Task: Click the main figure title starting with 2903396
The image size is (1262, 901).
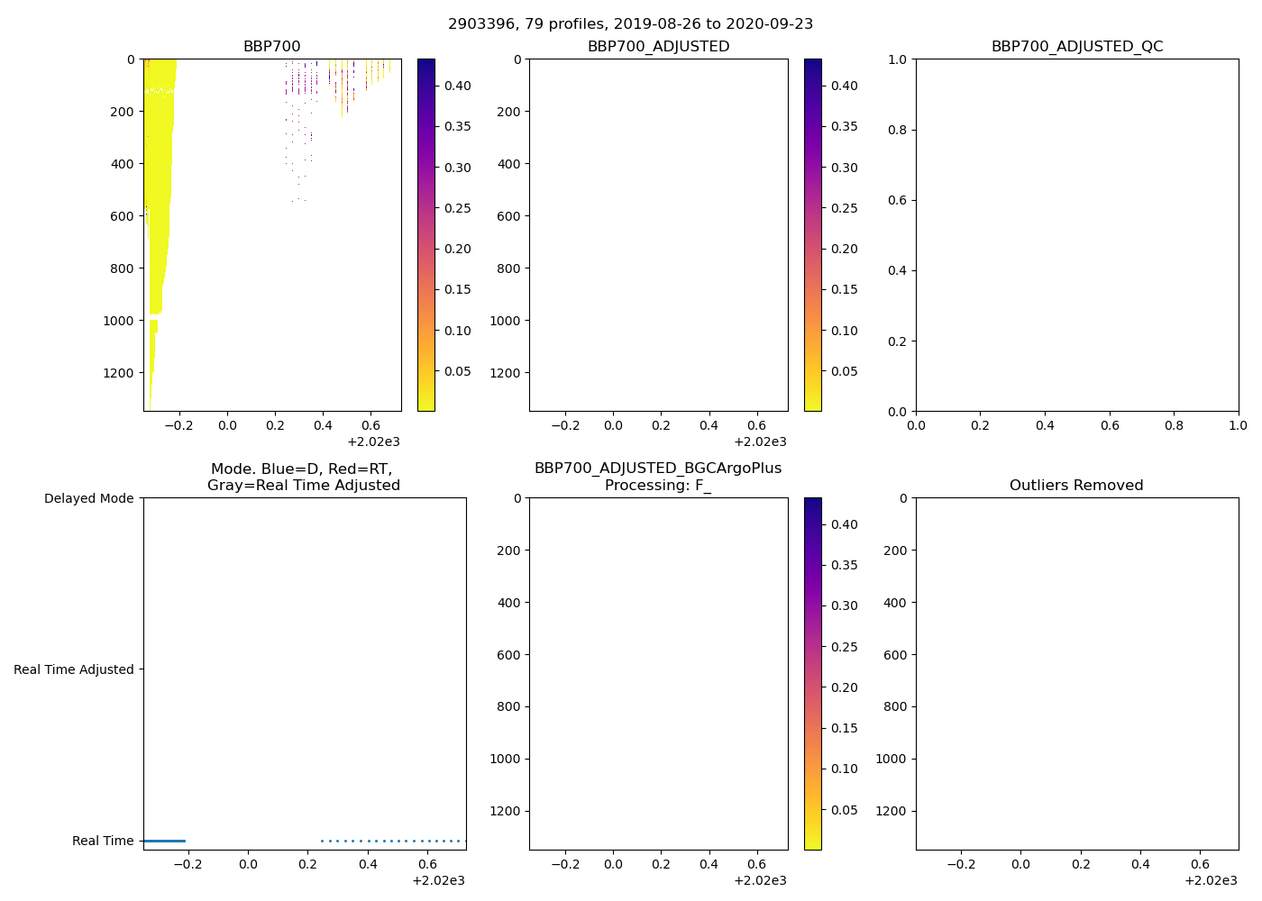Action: [630, 24]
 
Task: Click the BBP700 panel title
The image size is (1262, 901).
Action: [271, 47]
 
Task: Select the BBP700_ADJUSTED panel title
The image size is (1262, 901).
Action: [658, 47]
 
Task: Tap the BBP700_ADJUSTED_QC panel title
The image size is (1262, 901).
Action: [1077, 47]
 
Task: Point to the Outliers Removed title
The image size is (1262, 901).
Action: [1076, 486]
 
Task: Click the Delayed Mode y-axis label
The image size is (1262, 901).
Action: [88, 498]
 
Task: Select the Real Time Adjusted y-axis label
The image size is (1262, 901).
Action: [74, 669]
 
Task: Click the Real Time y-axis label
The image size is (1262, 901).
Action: [103, 841]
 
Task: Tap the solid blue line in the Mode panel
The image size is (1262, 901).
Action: [164, 841]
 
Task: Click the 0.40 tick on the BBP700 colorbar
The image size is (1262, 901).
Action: [457, 86]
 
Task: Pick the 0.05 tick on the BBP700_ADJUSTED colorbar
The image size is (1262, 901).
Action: [844, 371]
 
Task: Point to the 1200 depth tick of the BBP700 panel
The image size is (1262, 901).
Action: [119, 373]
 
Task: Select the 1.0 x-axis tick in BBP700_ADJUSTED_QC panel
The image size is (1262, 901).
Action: [1238, 425]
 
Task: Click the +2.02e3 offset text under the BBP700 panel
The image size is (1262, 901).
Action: [373, 441]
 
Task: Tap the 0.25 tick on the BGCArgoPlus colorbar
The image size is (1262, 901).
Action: [844, 647]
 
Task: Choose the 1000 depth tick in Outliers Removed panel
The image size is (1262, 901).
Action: [891, 759]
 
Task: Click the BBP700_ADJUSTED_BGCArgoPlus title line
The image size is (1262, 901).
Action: [658, 469]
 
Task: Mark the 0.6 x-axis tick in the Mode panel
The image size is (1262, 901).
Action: [428, 864]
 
